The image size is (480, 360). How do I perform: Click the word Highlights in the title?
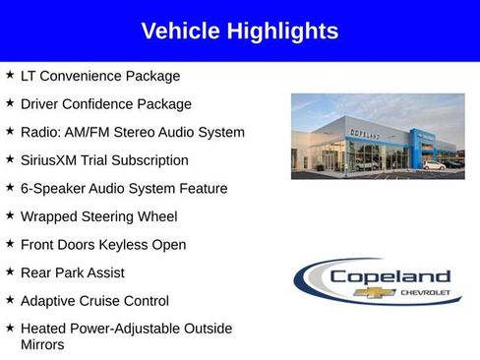tap(282, 30)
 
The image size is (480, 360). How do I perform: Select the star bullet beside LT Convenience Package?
tap(10, 75)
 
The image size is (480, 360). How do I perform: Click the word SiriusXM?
tap(54, 159)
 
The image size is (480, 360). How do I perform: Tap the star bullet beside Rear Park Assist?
tap(10, 271)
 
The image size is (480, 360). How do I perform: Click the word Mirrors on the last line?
tap(42, 344)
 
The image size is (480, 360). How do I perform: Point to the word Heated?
tap(44, 328)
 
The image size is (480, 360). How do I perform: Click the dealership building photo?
tap(377, 136)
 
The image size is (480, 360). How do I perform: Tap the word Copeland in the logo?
tap(390, 276)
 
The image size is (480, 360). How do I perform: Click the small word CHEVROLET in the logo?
tap(425, 292)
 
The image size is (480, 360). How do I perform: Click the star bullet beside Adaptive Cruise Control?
tap(10, 299)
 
